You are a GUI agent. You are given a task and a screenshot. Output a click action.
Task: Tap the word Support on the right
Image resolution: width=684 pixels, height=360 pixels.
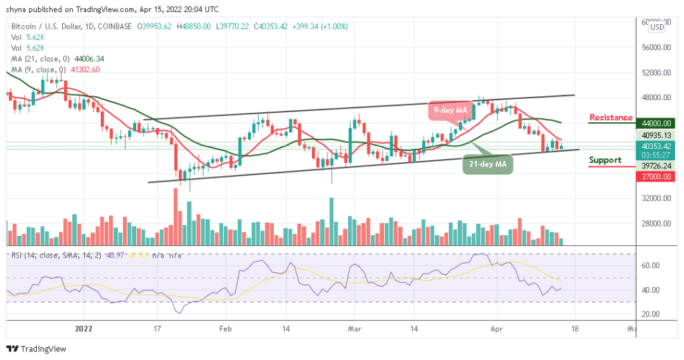[605, 160]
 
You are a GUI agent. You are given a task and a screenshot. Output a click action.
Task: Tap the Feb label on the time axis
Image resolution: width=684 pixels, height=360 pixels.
[226, 329]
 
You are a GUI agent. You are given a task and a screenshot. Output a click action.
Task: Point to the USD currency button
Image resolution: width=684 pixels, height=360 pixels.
[657, 27]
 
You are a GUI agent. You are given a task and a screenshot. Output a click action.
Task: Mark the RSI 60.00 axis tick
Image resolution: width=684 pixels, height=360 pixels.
[651, 266]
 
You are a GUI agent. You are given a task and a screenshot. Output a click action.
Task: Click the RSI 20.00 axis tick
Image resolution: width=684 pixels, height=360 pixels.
[651, 314]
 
